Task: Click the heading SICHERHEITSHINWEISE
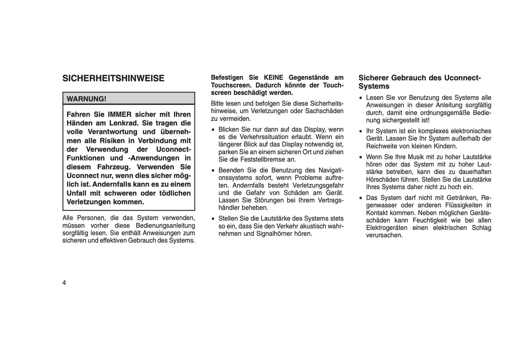click(x=113, y=79)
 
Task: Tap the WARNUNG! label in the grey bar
click(x=86, y=99)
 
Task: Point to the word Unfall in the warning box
click(x=78, y=193)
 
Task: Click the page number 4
click(x=64, y=283)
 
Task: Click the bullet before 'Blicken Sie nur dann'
click(x=213, y=130)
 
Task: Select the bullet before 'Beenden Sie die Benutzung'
click(x=213, y=170)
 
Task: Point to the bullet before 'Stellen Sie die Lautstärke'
click(x=213, y=219)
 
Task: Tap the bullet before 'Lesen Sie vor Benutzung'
click(x=361, y=98)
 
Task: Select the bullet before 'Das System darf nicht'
click(x=361, y=198)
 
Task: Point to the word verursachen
click(x=384, y=236)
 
